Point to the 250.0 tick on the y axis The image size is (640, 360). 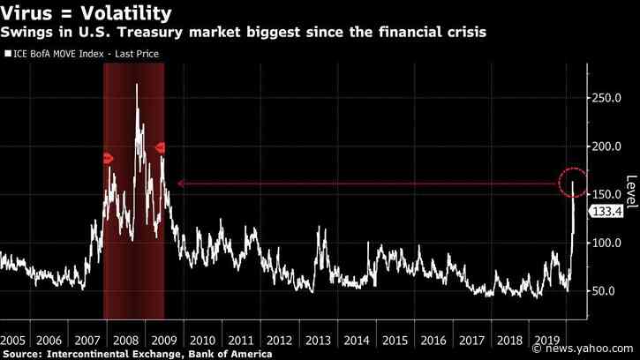607,98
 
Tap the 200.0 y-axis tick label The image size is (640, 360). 607,146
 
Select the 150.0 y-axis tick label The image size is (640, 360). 607,194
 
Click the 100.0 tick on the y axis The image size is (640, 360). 607,243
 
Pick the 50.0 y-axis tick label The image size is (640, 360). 605,290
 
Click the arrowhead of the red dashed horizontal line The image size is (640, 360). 180,184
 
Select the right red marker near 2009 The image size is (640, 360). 161,147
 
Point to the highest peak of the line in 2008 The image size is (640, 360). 137,84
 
